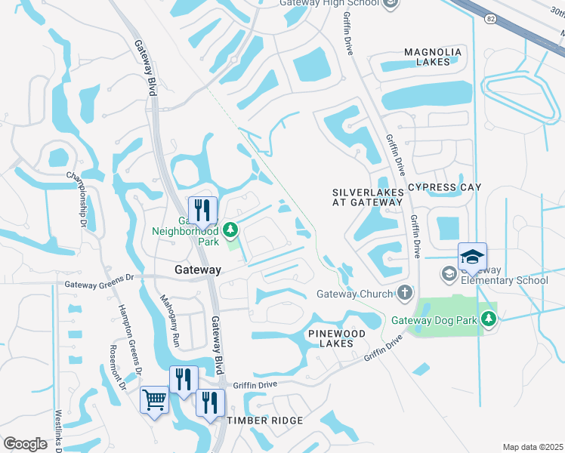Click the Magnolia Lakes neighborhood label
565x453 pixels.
pyautogui.click(x=432, y=57)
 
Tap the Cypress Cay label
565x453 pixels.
pyautogui.click(x=443, y=186)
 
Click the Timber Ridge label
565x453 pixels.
pyautogui.click(x=265, y=421)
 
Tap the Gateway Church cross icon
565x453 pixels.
pyautogui.click(x=405, y=293)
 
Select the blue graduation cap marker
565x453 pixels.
pyautogui.click(x=472, y=256)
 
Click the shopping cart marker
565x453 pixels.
pyautogui.click(x=155, y=399)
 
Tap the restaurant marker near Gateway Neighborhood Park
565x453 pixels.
pyautogui.click(x=202, y=210)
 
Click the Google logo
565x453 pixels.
pyautogui.click(x=26, y=443)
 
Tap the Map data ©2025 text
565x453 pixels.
pyautogui.click(x=532, y=447)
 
